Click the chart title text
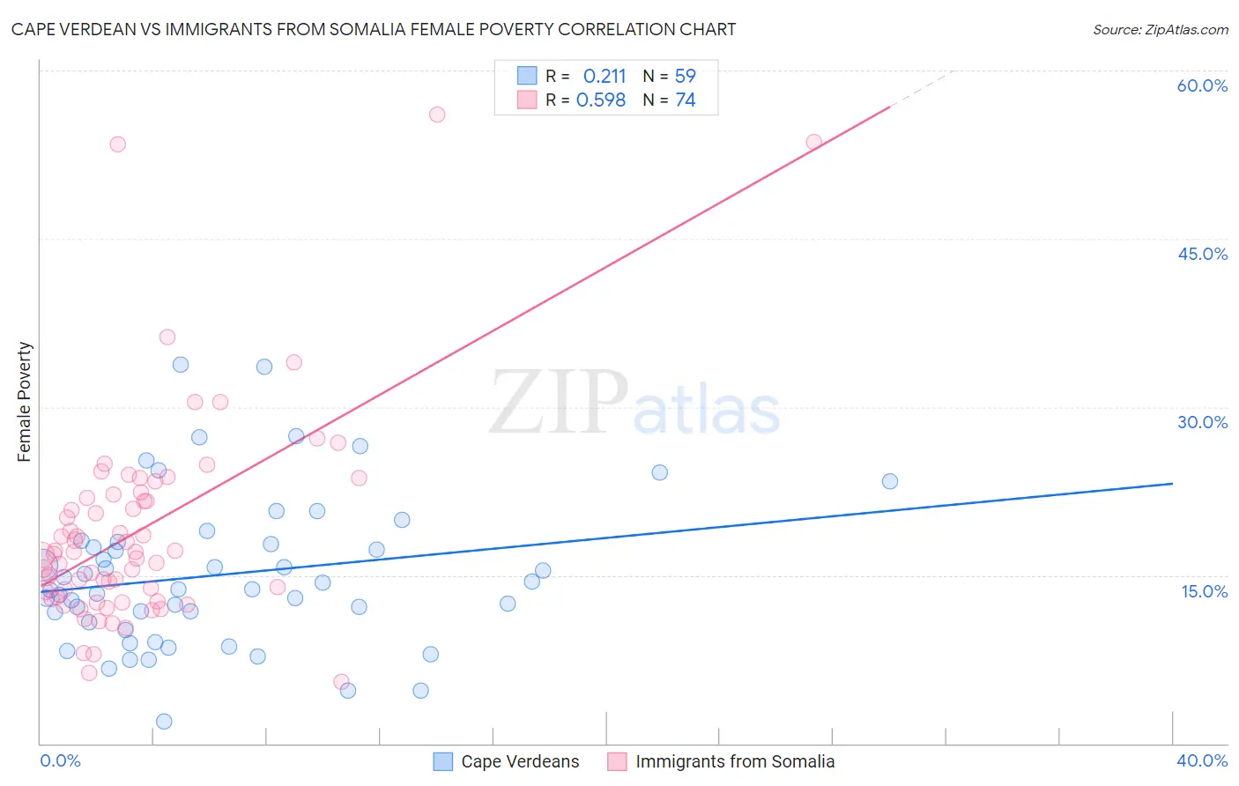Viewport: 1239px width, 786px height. [374, 29]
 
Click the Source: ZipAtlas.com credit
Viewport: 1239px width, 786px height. [1160, 29]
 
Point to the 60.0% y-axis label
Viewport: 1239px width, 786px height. [1202, 85]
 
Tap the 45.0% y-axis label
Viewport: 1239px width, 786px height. [1202, 254]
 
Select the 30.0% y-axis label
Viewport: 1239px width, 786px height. [1202, 422]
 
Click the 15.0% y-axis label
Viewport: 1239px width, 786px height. [1204, 591]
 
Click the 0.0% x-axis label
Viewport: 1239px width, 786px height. [60, 760]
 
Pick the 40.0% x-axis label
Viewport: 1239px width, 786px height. [1202, 760]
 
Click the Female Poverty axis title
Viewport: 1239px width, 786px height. [25, 402]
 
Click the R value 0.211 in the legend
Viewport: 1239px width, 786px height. [605, 77]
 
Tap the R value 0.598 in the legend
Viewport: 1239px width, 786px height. [601, 100]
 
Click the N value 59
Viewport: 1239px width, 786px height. [685, 77]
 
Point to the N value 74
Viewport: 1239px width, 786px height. [685, 100]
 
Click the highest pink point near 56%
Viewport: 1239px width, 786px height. [437, 115]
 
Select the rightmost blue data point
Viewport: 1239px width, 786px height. [890, 481]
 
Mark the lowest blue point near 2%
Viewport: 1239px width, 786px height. [164, 722]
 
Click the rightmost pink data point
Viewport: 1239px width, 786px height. [814, 142]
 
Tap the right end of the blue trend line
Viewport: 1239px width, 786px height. [1172, 484]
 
